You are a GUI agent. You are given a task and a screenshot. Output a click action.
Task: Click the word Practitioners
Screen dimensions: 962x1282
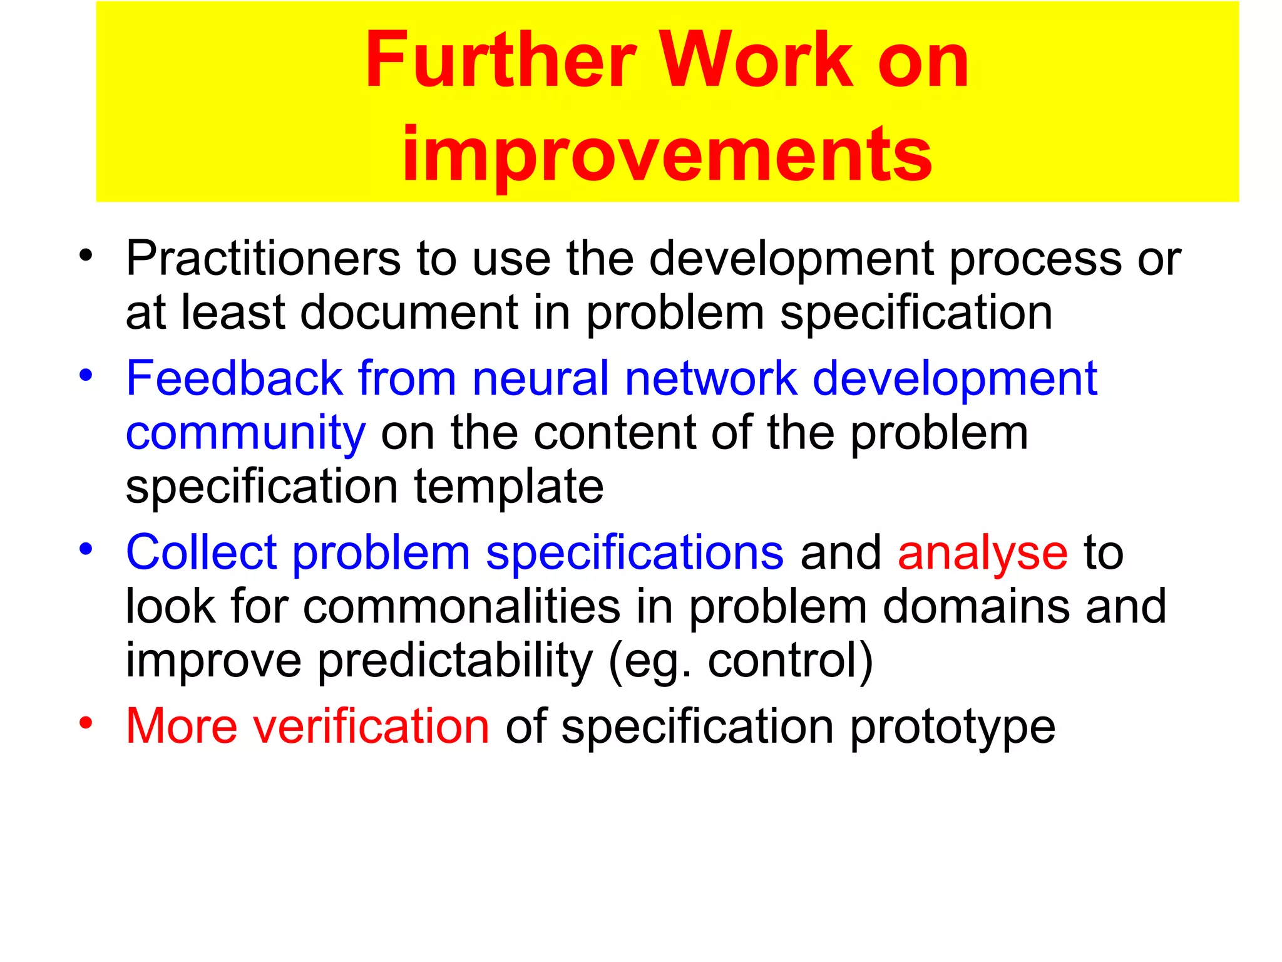pos(263,259)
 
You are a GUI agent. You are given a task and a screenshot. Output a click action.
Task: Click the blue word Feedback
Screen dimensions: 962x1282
pos(234,379)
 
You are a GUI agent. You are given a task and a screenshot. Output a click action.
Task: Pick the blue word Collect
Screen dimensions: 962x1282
pos(201,553)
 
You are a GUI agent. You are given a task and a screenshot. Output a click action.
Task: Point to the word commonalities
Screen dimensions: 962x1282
pos(462,607)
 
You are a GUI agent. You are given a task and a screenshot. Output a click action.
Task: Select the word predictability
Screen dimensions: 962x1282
pos(455,661)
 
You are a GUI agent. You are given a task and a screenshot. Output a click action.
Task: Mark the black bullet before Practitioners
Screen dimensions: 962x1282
pos(86,255)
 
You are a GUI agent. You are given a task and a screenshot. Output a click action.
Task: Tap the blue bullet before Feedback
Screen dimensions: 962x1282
pos(86,375)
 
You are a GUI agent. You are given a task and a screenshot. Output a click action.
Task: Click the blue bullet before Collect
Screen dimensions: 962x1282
pos(86,549)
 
